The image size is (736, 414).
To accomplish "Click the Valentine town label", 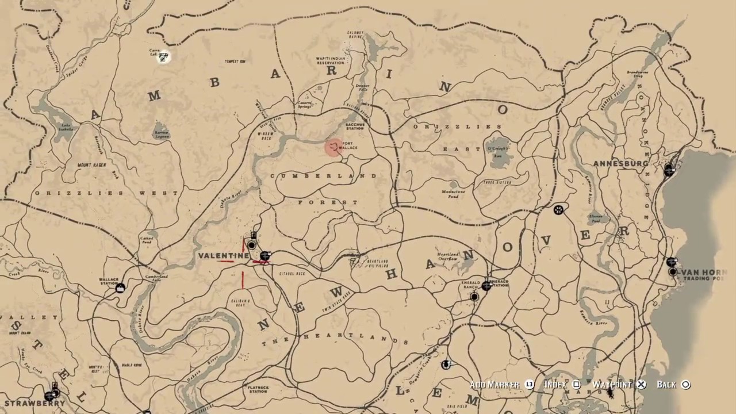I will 223,255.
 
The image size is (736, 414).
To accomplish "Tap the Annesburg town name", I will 620,164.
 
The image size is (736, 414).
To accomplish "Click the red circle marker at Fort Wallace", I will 333,148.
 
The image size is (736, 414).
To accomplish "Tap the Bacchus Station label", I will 355,125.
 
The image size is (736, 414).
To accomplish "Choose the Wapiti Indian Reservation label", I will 330,60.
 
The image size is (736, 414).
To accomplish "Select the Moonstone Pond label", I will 453,193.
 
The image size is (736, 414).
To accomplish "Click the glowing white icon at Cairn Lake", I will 164,56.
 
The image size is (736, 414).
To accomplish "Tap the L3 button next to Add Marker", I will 529,385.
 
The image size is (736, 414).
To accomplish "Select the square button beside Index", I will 577,385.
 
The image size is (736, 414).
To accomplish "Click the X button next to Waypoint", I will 642,385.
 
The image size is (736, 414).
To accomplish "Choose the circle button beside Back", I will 685,385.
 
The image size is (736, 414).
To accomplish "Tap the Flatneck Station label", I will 258,390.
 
